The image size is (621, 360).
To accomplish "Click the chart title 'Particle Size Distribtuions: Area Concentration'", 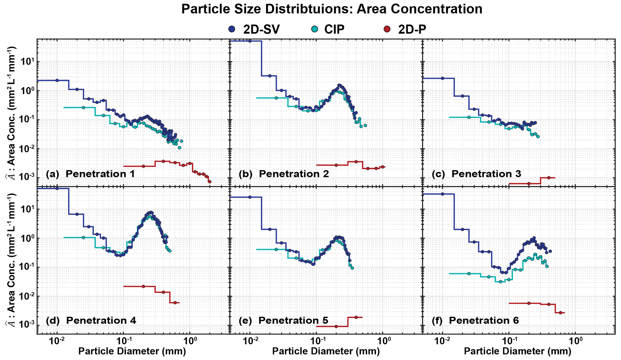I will tap(331, 9).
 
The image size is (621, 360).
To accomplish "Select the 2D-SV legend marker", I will tap(231, 29).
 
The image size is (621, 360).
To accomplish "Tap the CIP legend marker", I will tap(315, 29).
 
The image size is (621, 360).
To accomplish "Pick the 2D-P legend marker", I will tap(387, 29).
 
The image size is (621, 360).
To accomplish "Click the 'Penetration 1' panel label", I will tap(100, 174).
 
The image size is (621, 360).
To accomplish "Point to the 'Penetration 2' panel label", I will tap(294, 174).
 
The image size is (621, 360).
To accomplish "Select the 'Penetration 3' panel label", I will tap(486, 174).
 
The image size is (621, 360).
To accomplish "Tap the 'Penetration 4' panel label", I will tap(101, 320).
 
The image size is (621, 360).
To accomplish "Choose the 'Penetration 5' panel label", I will tap(293, 320).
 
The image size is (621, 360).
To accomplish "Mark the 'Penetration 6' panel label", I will tap(484, 320).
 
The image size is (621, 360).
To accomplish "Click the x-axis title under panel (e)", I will tap(326, 351).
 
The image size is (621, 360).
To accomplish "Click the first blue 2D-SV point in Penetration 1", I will tap(57, 80).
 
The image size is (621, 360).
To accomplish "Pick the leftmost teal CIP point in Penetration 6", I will tap(469, 274).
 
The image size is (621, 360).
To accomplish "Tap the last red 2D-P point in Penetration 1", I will tap(209, 182).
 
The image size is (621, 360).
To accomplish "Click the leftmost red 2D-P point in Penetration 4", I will tap(143, 286).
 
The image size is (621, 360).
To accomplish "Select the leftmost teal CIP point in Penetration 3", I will tap(469, 117).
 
